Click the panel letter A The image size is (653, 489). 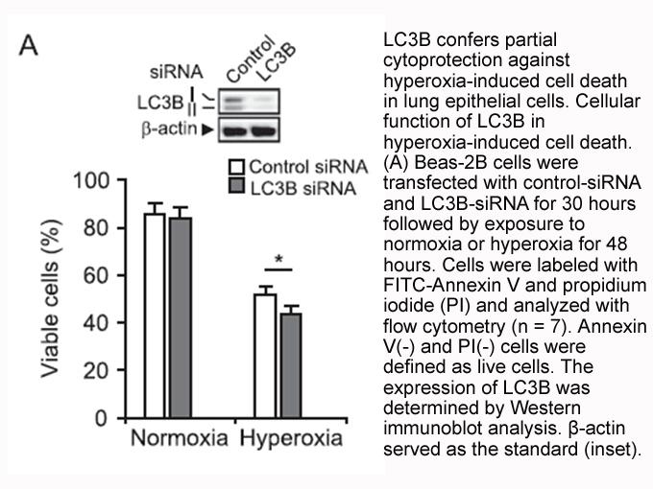[28, 45]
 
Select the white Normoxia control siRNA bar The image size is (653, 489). [155, 315]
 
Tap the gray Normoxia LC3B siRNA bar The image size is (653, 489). [181, 317]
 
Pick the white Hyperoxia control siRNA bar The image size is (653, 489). [265, 356]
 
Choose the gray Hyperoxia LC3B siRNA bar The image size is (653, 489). [291, 365]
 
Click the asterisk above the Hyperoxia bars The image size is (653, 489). [278, 260]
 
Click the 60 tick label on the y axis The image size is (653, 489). [96, 276]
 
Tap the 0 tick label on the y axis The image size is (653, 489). [102, 418]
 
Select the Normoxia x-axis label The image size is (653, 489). [180, 438]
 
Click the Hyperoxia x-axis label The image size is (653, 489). [291, 439]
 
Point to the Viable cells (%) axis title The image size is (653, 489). [50, 298]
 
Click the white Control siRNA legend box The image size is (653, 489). [236, 166]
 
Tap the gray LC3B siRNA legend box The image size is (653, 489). [236, 186]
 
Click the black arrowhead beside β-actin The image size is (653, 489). [207, 130]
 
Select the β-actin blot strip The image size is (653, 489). [249, 129]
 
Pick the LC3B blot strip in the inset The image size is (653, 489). [249, 101]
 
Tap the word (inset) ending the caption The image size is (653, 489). [612, 449]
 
